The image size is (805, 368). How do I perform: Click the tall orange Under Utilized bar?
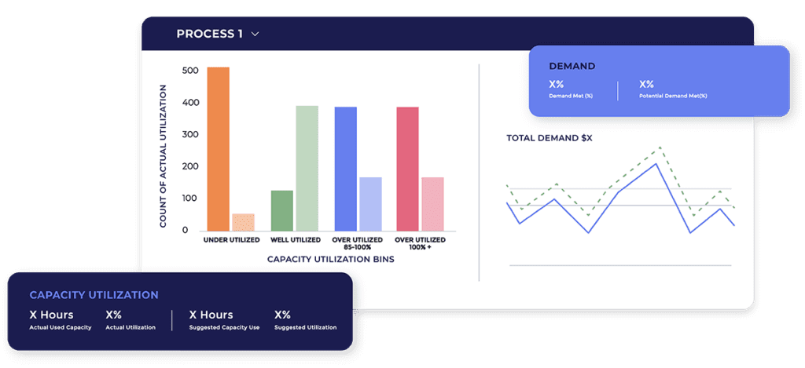point(218,148)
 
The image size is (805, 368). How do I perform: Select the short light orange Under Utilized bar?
point(243,222)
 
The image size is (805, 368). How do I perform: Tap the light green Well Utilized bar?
point(307,168)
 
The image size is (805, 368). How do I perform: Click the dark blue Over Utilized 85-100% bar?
point(345,169)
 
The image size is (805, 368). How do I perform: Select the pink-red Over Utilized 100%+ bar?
point(407,169)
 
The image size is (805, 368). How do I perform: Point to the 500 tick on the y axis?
point(189,70)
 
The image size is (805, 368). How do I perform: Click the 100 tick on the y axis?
point(189,199)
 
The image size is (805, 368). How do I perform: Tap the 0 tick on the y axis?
point(186,231)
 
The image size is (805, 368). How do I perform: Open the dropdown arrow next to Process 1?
point(255,35)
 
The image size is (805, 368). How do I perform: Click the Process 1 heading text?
point(209,34)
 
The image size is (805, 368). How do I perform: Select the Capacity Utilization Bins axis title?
point(330,258)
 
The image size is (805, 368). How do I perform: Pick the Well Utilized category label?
point(295,239)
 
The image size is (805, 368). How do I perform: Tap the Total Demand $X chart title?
point(550,138)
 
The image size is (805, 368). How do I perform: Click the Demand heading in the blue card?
point(572,67)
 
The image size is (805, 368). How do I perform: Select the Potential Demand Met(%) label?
point(673,96)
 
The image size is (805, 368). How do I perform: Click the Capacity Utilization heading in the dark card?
point(94,295)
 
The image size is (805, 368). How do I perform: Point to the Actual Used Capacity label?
point(60,327)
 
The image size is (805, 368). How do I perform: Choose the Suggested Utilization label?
point(305,327)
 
